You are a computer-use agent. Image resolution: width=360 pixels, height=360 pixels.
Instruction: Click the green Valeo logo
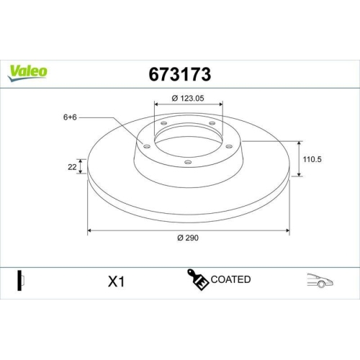[28, 71]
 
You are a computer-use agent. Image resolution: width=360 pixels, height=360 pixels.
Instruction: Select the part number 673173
[179, 73]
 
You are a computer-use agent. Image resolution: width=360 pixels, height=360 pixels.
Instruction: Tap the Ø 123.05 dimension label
[189, 99]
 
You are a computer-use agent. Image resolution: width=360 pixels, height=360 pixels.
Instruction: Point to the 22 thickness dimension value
[73, 166]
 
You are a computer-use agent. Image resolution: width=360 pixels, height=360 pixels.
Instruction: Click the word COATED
[230, 279]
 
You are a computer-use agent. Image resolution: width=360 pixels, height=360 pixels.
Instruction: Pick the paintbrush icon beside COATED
[199, 281]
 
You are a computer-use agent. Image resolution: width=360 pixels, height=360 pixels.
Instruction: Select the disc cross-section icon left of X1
[20, 280]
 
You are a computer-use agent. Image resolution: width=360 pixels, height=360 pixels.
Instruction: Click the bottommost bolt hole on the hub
[188, 163]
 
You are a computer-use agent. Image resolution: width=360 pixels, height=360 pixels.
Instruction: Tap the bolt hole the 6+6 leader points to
[146, 147]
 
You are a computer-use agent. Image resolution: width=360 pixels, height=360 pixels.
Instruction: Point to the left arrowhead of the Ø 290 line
[90, 231]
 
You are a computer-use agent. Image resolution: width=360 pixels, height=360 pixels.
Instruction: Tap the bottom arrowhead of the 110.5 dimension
[299, 174]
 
